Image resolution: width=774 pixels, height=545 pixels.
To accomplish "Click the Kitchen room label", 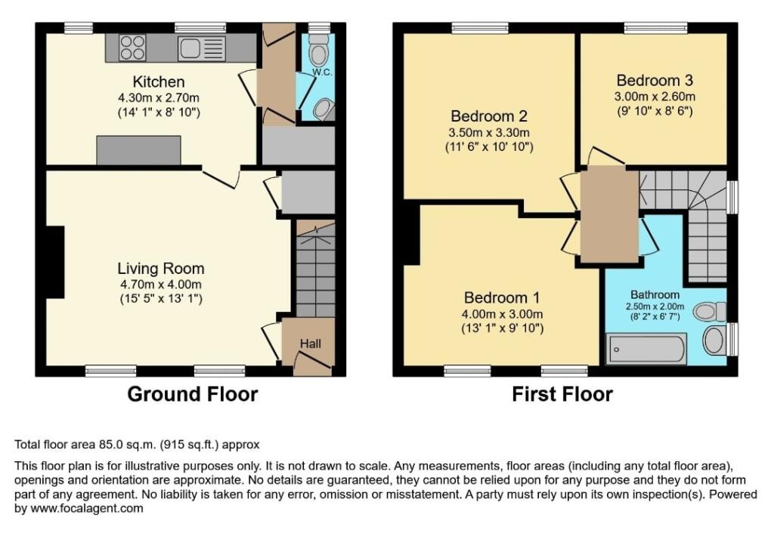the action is click(159, 82).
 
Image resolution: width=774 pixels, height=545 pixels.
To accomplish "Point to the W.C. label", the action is click(322, 72).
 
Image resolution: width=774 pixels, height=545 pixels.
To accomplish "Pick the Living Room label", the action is click(161, 269).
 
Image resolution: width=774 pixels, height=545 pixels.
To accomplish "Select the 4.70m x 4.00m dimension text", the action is click(161, 285).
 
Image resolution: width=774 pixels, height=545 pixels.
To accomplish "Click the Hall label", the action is click(311, 343).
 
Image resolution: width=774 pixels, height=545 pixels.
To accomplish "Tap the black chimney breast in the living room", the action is click(55, 262).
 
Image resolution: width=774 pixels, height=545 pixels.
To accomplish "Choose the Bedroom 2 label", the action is click(489, 116).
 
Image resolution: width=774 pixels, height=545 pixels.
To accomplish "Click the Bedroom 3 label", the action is click(655, 80).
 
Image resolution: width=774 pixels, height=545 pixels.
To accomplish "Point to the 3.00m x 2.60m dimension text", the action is click(655, 97).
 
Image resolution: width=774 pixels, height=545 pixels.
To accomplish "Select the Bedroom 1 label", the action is click(502, 298).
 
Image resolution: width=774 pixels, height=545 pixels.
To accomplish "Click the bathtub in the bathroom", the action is click(646, 349).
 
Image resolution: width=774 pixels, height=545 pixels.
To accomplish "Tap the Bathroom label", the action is click(655, 294).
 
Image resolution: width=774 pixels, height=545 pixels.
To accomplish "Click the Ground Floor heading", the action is click(193, 394).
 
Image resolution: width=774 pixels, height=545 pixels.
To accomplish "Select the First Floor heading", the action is click(562, 394).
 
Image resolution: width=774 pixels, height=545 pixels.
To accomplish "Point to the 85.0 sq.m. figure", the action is click(127, 445).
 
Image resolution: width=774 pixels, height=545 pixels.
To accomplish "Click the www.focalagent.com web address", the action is click(87, 509).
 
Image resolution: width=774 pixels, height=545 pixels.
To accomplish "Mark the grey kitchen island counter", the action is click(139, 150).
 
